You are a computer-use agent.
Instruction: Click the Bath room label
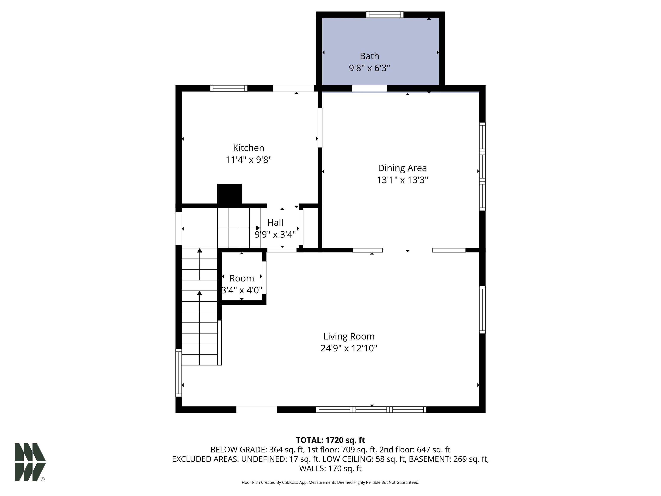(369, 56)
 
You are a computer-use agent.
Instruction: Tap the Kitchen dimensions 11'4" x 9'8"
(248, 160)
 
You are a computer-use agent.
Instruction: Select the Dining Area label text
(402, 168)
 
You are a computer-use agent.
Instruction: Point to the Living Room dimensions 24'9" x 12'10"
(349, 348)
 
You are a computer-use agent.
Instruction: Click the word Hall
(275, 222)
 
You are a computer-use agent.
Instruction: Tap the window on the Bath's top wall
(385, 15)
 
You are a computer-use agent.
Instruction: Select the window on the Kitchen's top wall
(229, 88)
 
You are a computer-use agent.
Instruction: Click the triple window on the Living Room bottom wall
(371, 410)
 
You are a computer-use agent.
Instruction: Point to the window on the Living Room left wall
(178, 372)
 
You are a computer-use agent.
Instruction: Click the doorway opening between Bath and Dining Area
(369, 88)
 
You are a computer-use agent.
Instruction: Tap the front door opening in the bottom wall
(257, 410)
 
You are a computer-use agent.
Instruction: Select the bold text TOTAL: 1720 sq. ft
(330, 440)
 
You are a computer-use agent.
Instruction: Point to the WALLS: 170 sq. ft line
(330, 468)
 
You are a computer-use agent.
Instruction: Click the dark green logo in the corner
(30, 462)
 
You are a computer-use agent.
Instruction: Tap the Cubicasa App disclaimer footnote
(330, 482)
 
